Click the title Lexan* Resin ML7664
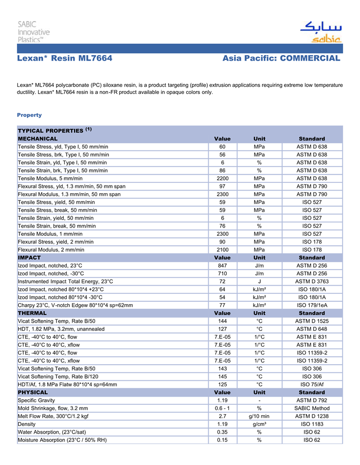(x=65, y=59)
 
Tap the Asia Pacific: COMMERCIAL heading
(x=281, y=59)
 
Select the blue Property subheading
(x=29, y=115)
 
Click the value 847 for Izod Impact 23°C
(x=222, y=266)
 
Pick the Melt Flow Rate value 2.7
(x=222, y=416)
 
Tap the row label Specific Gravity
(x=37, y=400)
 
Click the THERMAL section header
(x=32, y=313)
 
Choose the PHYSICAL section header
(x=33, y=392)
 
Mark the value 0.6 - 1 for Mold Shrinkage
(x=222, y=408)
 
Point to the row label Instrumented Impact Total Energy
(x=65, y=282)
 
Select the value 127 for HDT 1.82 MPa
(x=222, y=329)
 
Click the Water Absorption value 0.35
(x=222, y=432)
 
